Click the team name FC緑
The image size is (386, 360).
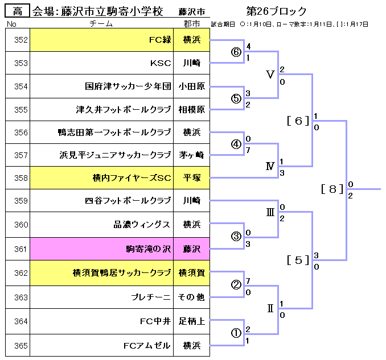[160, 40]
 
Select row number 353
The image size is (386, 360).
[17, 63]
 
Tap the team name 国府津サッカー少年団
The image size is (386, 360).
[128, 86]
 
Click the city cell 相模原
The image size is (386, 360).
[191, 109]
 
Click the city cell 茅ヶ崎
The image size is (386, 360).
[191, 155]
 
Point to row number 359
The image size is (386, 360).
[17, 200]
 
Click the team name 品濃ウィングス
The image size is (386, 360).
[142, 224]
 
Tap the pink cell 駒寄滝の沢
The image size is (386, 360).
[148, 249]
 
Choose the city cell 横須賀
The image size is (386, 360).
[191, 272]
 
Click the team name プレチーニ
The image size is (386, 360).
[151, 297]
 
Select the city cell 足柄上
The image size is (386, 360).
[191, 321]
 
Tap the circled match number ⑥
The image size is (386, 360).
[236, 52]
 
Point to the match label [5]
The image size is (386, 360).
[298, 260]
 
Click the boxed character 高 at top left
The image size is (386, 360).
[18, 11]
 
